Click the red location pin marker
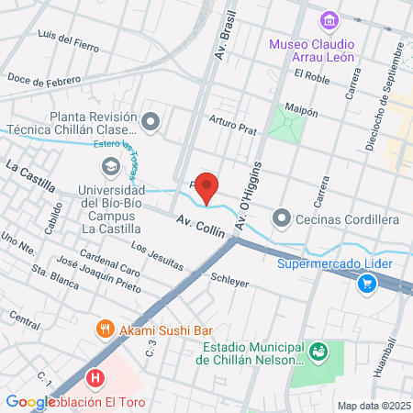pyautogui.click(x=207, y=186)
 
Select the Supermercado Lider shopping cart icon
pyautogui.click(x=367, y=284)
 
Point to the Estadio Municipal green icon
pyautogui.click(x=318, y=350)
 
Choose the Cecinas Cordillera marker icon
pyautogui.click(x=281, y=218)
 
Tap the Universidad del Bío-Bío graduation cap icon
pyautogui.click(x=109, y=166)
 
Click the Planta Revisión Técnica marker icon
pyautogui.click(x=151, y=119)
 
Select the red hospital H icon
pyautogui.click(x=94, y=377)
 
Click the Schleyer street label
pyautogui.click(x=229, y=280)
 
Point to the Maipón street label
pyautogui.click(x=302, y=110)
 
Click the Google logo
pyautogui.click(x=29, y=402)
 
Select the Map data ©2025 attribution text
pyautogui.click(x=373, y=406)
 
